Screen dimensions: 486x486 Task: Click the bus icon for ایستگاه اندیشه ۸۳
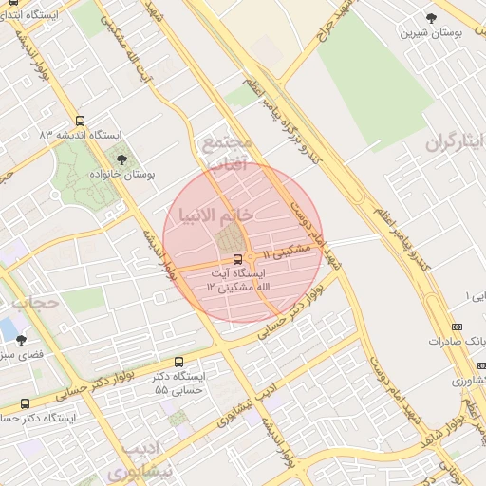tap(79, 121)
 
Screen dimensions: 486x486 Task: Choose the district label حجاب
tap(35, 303)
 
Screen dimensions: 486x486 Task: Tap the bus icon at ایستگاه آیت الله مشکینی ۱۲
tap(236, 258)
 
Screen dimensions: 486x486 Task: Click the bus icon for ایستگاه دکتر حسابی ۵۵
tap(179, 362)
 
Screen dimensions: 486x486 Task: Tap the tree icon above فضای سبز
tap(22, 339)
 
